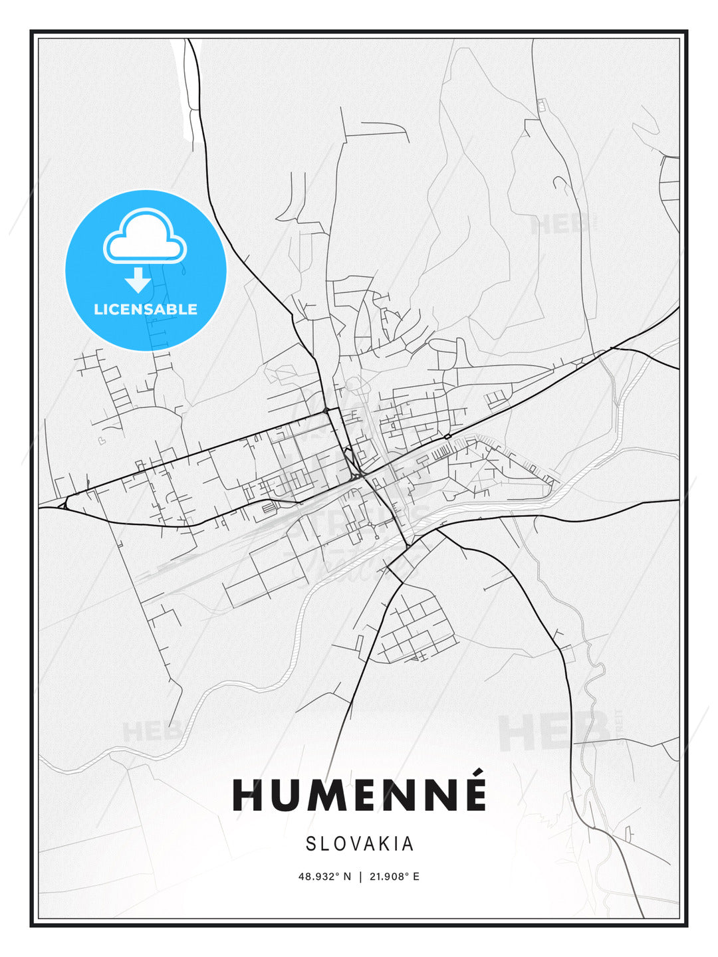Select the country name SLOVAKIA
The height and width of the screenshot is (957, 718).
click(360, 844)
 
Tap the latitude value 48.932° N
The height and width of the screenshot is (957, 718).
click(324, 877)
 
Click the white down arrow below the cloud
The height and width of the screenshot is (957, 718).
click(138, 280)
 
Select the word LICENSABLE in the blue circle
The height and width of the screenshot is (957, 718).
click(146, 309)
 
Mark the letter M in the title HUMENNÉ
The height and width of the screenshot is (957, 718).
click(330, 795)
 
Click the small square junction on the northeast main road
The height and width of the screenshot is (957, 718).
click(447, 436)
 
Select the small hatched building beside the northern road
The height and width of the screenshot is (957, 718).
click(540, 105)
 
